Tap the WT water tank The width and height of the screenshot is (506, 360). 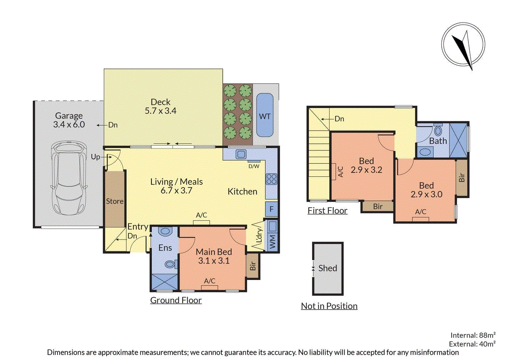(x=265, y=115)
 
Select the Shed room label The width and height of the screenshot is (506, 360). (x=328, y=268)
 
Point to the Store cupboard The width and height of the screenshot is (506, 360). (x=115, y=198)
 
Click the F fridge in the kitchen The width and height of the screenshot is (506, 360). (x=271, y=209)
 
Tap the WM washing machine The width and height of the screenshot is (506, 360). (x=273, y=242)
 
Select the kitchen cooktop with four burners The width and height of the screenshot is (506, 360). (x=271, y=179)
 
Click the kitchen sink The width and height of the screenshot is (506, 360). (x=241, y=154)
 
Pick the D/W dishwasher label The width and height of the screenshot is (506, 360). (x=254, y=166)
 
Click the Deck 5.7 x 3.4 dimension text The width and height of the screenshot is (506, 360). (x=160, y=111)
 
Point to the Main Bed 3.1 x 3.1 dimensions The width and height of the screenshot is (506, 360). (x=214, y=261)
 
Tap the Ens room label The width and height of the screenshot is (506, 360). (x=165, y=248)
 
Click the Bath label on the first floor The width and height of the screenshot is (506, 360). (x=438, y=141)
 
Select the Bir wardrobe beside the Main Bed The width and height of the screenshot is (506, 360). (x=253, y=266)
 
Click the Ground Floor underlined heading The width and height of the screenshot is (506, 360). (x=176, y=300)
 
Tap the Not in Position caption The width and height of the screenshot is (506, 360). (x=329, y=306)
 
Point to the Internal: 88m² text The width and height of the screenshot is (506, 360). (x=473, y=335)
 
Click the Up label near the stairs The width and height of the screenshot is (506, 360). (x=95, y=157)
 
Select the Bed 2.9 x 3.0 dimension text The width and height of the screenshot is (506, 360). (x=426, y=194)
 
